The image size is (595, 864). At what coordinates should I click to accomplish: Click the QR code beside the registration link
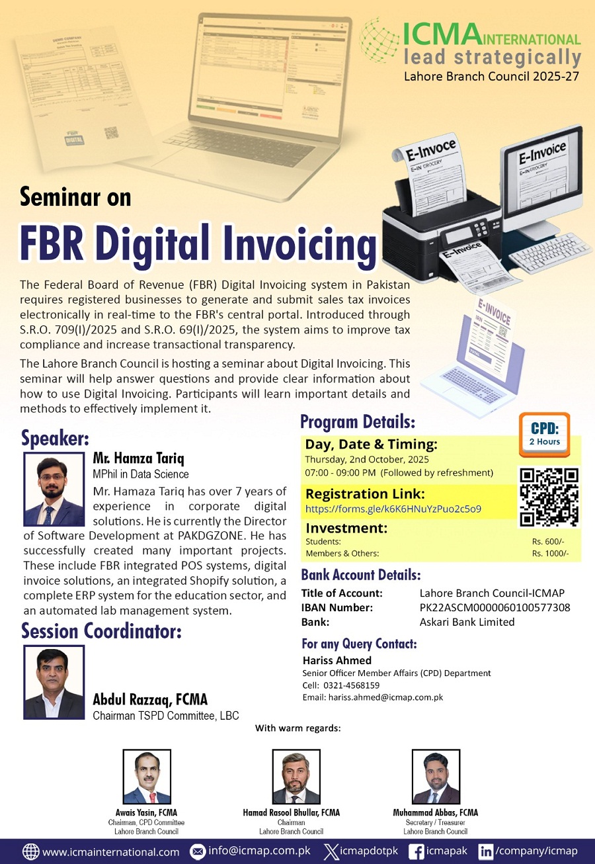pyautogui.click(x=549, y=497)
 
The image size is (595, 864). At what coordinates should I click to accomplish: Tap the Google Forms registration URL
pyautogui.click(x=393, y=509)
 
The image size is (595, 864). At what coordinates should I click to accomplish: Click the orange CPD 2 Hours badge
pyautogui.click(x=544, y=435)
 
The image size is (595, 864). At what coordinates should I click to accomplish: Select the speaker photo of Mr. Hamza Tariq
pyautogui.click(x=54, y=489)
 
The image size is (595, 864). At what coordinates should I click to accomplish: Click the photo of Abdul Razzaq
pyautogui.click(x=54, y=682)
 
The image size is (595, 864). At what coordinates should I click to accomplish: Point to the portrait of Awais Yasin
pyautogui.click(x=147, y=777)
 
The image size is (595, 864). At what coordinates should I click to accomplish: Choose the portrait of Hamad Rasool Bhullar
pyautogui.click(x=296, y=777)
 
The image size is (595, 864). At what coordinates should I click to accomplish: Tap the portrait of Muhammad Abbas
pyautogui.click(x=436, y=777)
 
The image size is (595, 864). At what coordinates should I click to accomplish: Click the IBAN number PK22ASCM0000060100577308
pyautogui.click(x=495, y=607)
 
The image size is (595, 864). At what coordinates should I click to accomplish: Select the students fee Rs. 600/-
pyautogui.click(x=548, y=542)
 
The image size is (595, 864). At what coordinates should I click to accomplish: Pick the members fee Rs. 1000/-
pyautogui.click(x=550, y=554)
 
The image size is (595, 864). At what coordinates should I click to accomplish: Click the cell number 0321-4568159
pyautogui.click(x=352, y=685)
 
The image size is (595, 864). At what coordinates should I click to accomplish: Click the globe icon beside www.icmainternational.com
pyautogui.click(x=31, y=851)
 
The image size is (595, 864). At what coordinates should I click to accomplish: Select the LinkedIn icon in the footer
pyautogui.click(x=485, y=851)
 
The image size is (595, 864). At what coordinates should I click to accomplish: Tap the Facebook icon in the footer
pyautogui.click(x=416, y=851)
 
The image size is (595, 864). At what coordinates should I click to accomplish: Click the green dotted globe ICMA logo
pyautogui.click(x=379, y=40)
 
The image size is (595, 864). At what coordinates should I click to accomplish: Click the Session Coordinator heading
pyautogui.click(x=101, y=631)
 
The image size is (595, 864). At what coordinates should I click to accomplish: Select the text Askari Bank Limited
pyautogui.click(x=467, y=622)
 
